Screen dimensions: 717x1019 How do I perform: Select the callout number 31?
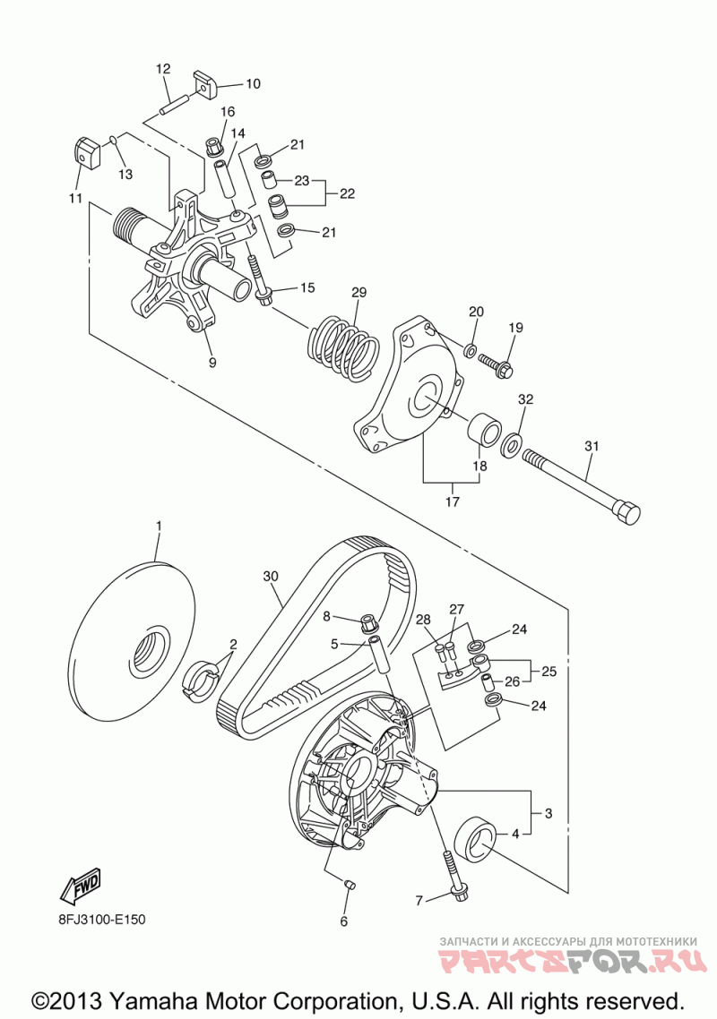592,447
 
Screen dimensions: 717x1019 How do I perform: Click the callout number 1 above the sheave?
158,525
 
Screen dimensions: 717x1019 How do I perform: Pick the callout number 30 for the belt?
271,576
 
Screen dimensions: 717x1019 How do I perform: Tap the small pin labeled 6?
348,884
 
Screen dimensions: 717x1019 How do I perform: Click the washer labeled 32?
512,444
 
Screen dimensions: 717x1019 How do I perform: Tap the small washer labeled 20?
470,351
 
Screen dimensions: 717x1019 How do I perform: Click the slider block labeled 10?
205,82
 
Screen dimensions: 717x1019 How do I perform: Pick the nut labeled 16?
212,148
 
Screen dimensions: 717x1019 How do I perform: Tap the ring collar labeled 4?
479,840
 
